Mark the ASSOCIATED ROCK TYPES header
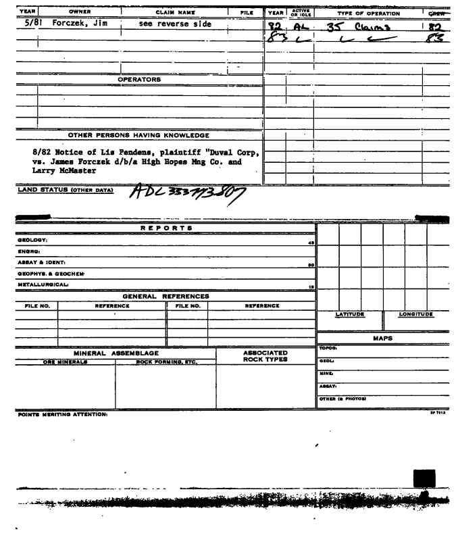[265, 357]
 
